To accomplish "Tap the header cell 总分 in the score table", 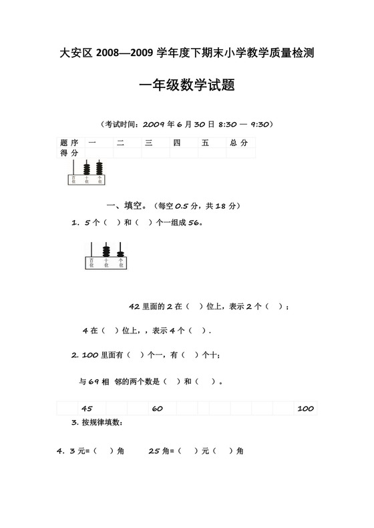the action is tap(238, 143).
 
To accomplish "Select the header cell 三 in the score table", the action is tap(149, 143).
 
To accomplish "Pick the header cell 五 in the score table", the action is tap(206, 143).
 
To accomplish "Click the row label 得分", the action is tap(69, 153).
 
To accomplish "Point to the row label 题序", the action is tap(69, 143).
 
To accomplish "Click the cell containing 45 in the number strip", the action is tap(87, 408).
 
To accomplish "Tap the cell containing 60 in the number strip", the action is tap(158, 408).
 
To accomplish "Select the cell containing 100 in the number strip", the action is tap(305, 408).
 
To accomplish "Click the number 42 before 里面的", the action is tap(134, 307).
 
